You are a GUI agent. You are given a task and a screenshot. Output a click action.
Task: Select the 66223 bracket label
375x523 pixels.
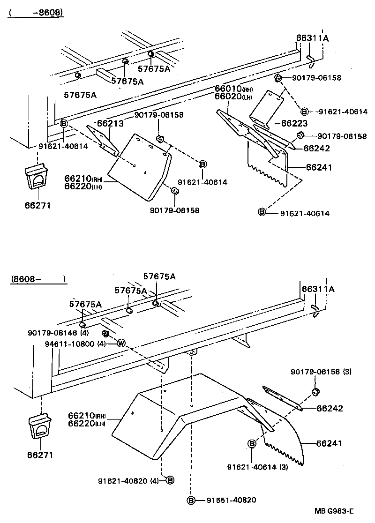coord(294,123)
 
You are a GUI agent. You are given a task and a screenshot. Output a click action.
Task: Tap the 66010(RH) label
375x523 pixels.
coord(234,89)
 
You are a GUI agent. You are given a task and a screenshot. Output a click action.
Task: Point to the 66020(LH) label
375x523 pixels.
coord(234,97)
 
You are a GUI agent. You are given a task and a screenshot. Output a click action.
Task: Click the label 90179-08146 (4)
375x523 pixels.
coord(58,333)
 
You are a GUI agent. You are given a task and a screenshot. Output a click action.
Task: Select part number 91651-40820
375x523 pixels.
coord(231,500)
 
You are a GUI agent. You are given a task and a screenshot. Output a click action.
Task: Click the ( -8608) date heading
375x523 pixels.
coord(35,13)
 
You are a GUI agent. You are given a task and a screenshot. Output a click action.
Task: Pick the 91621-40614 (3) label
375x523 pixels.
coord(257,467)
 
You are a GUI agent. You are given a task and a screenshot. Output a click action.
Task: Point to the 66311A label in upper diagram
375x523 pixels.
coord(312,38)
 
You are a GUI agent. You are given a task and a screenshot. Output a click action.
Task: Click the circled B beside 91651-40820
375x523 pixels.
coord(191,500)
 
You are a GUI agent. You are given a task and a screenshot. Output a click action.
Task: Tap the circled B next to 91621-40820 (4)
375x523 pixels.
coord(170,480)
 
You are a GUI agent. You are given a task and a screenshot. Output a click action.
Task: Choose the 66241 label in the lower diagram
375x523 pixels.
coord(330,443)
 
